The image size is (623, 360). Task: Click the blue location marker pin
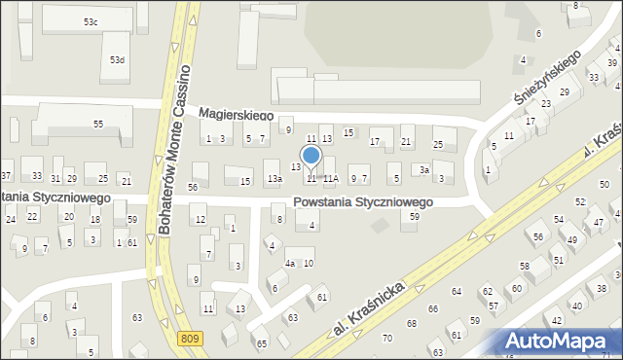click(x=311, y=157)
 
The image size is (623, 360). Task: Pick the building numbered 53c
click(x=91, y=21)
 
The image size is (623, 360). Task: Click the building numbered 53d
click(x=117, y=60)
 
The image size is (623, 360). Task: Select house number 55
click(x=98, y=124)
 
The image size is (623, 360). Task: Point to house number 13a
click(x=275, y=178)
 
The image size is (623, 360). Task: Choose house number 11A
click(x=331, y=178)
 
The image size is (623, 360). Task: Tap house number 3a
click(x=424, y=169)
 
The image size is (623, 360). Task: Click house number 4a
click(x=289, y=264)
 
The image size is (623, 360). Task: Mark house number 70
click(x=387, y=338)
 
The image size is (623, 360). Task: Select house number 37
click(x=6, y=176)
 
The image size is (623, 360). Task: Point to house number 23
click(x=546, y=104)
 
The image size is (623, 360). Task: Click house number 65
click(x=261, y=343)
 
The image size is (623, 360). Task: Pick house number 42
click(x=556, y=320)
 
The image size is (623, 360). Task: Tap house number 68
click(x=412, y=323)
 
